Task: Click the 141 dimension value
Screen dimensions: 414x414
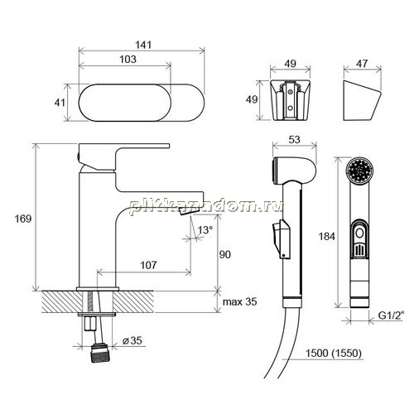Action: [x=143, y=45]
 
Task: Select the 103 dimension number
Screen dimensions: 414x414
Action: [x=128, y=59]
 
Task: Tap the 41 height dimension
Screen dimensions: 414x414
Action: [x=60, y=103]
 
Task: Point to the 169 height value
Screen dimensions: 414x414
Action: [x=23, y=219]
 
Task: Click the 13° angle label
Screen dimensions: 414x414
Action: [x=205, y=229]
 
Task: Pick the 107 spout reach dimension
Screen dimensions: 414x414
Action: [x=148, y=265]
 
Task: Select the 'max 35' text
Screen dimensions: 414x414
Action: [x=239, y=301]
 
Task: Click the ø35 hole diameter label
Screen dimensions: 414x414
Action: [x=132, y=340]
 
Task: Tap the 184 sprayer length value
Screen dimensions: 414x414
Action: [x=326, y=237]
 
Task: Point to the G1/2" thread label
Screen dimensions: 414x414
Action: [x=391, y=315]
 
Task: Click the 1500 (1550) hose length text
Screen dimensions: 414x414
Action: [x=334, y=353]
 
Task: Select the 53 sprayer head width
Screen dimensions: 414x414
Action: [x=294, y=140]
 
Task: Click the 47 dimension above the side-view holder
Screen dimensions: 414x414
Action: [x=362, y=64]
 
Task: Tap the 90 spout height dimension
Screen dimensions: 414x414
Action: [x=224, y=254]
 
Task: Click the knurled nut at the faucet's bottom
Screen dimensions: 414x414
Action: [x=99, y=353]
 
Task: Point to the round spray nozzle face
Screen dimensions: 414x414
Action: [x=360, y=171]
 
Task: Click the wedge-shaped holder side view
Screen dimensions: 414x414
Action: [x=361, y=100]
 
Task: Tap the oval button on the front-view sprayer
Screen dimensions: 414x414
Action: [x=359, y=233]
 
